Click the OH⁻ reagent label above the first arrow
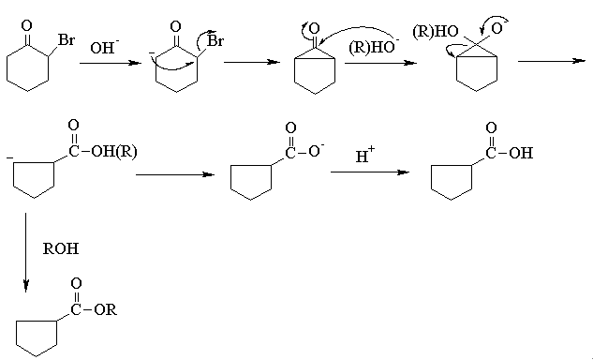105,47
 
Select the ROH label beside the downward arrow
61,248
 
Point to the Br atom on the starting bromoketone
67,39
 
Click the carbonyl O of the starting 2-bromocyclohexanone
27,25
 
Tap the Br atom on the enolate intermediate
215,40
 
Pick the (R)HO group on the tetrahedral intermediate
436,32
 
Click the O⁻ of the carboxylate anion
316,151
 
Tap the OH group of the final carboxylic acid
521,153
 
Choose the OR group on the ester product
106,309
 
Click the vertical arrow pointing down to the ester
25,252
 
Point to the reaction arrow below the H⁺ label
370,172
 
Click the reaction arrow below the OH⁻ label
111,63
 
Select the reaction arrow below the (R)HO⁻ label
381,63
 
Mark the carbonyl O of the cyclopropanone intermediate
314,27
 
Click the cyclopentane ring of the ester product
37,338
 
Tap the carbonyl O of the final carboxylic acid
491,127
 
